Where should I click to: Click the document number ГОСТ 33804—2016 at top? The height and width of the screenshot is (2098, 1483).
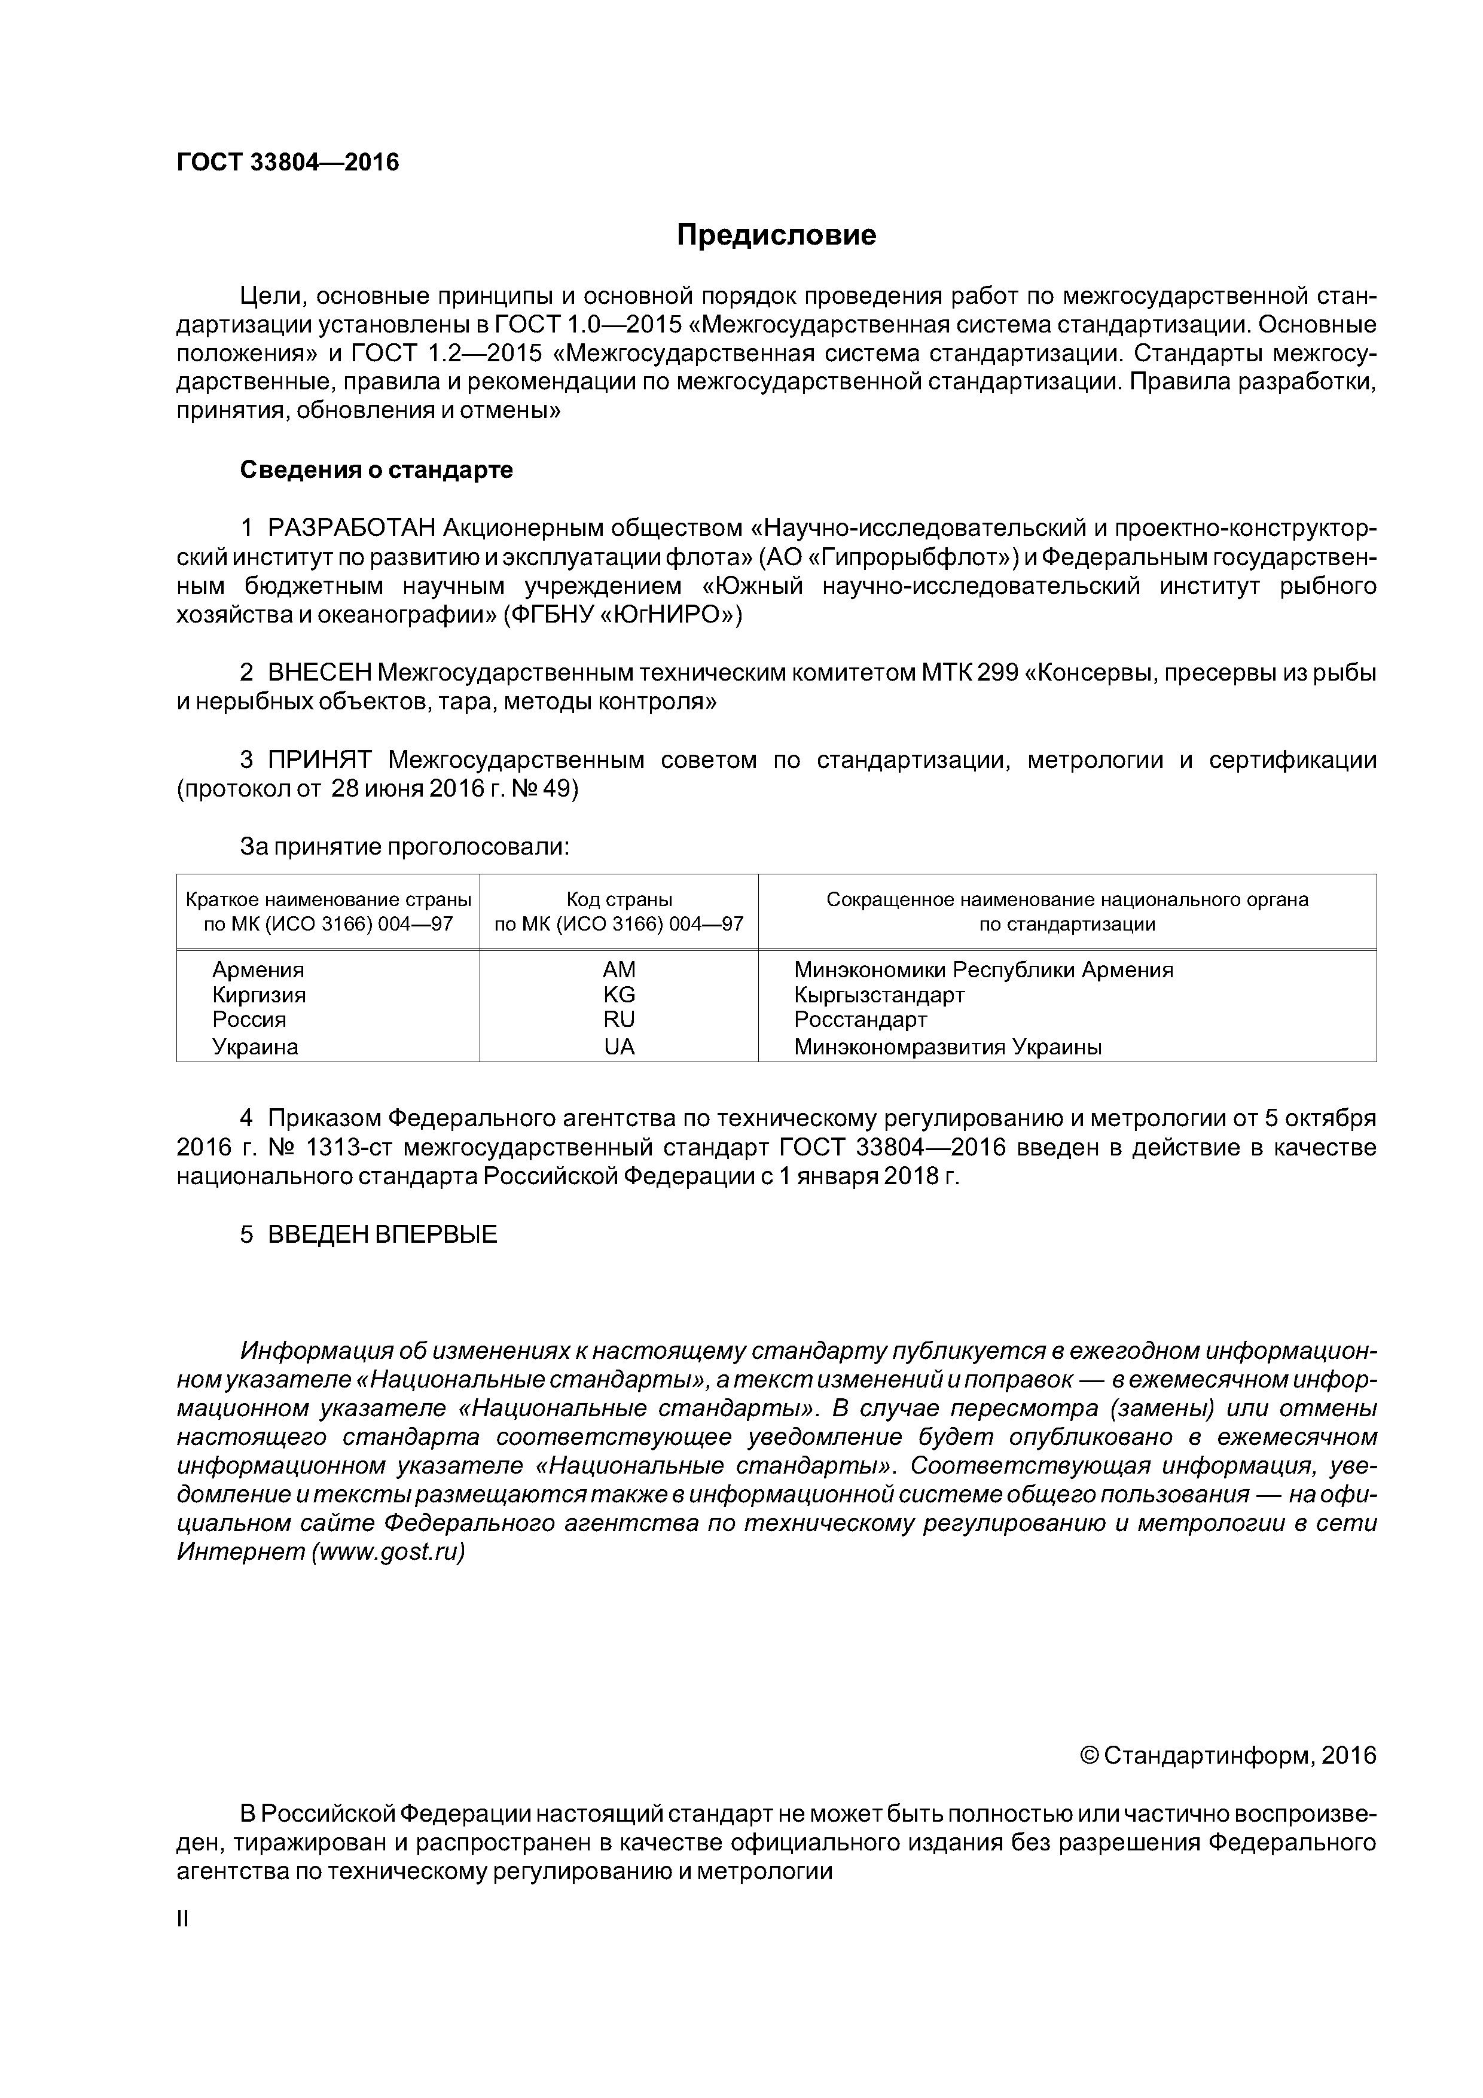pos(287,163)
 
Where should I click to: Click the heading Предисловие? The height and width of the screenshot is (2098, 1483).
pos(776,236)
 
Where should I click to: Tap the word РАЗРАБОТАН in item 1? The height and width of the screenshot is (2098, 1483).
pos(351,528)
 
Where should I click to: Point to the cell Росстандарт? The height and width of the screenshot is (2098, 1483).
pos(860,1020)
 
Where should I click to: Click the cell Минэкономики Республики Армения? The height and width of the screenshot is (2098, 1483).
pos(983,969)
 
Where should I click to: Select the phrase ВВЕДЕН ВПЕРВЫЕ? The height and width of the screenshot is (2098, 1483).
pos(382,1234)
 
